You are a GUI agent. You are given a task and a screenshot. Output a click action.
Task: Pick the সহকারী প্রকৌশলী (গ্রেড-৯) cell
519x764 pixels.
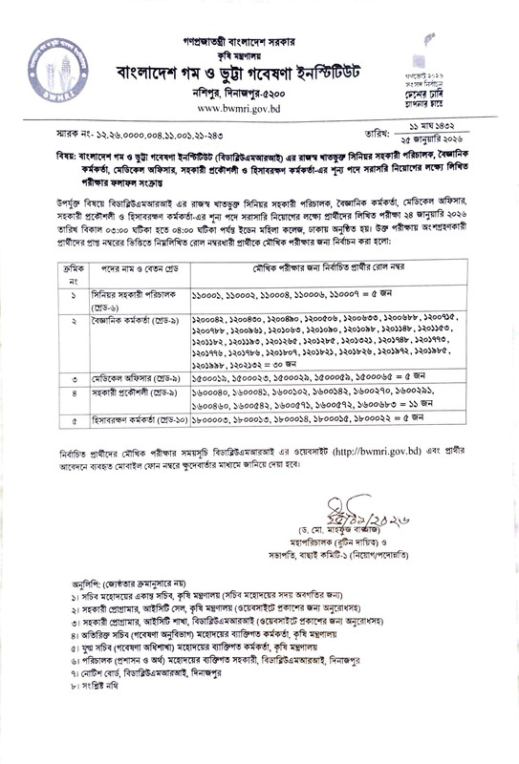click(114, 393)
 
